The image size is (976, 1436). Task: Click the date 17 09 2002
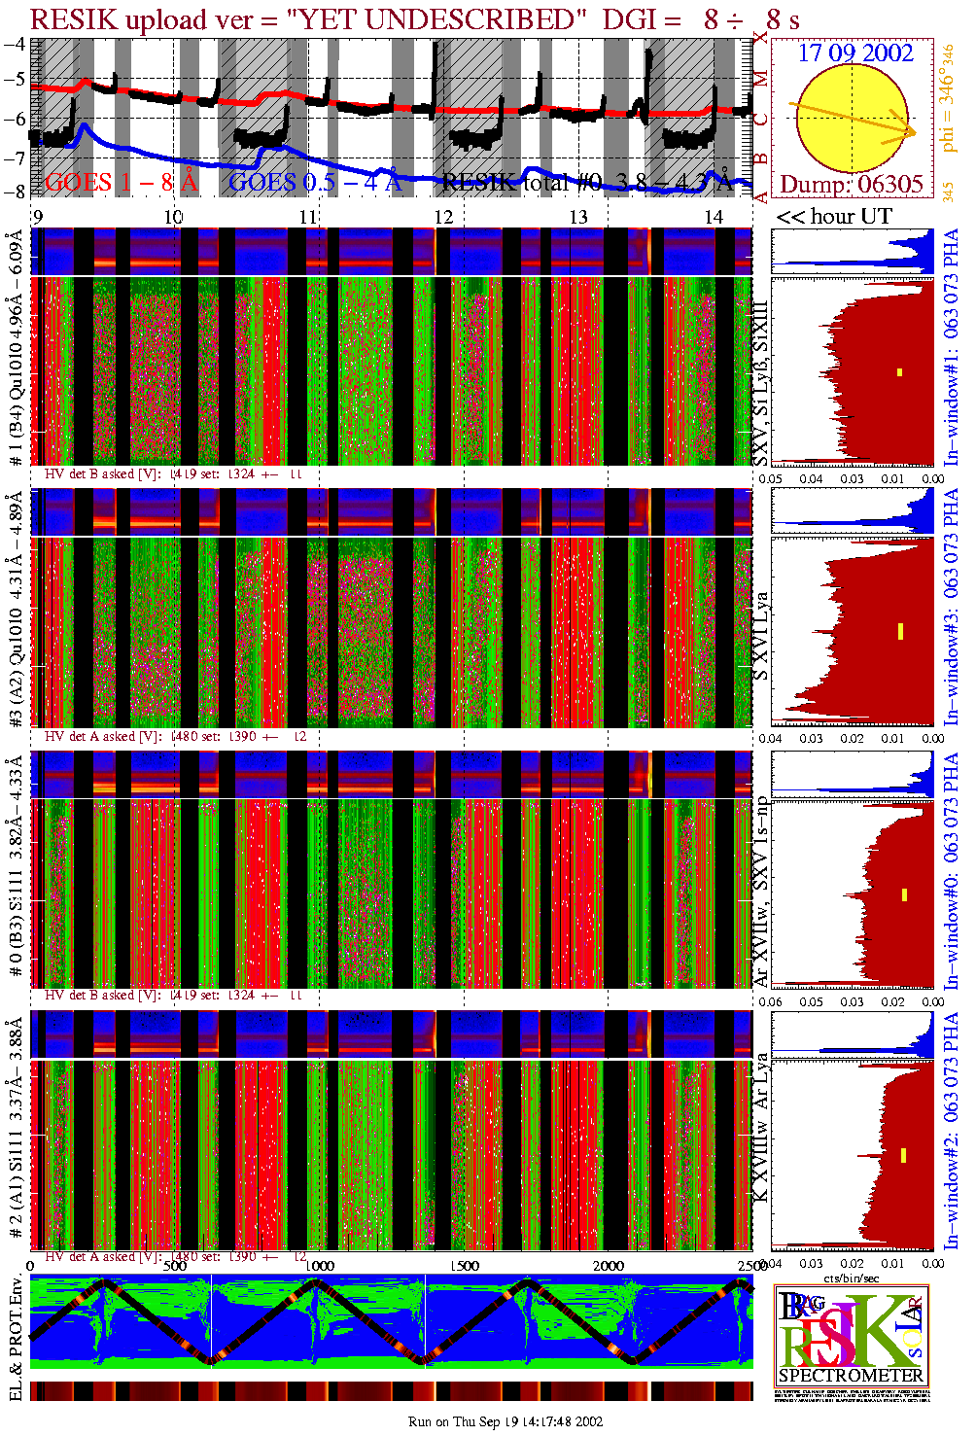click(x=855, y=53)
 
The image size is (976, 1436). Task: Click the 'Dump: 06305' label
click(x=851, y=185)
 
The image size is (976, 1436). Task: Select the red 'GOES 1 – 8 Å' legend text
click(x=122, y=182)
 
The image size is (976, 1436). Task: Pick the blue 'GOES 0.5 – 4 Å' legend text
click(x=314, y=182)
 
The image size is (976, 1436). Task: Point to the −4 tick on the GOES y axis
click(x=15, y=44)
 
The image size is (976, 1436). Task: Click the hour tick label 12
click(x=443, y=217)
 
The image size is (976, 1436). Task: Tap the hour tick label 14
click(x=714, y=217)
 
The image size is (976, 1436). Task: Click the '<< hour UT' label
click(x=834, y=217)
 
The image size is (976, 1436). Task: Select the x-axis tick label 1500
click(x=466, y=1266)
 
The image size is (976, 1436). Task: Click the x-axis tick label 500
click(x=176, y=1266)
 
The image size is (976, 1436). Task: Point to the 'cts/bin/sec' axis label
click(x=852, y=1278)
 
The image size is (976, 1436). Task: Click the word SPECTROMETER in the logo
click(x=851, y=1376)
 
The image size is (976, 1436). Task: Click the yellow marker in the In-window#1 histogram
click(x=900, y=371)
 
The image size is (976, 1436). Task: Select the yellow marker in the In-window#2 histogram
click(x=903, y=1155)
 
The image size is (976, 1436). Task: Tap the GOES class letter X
click(x=760, y=37)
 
